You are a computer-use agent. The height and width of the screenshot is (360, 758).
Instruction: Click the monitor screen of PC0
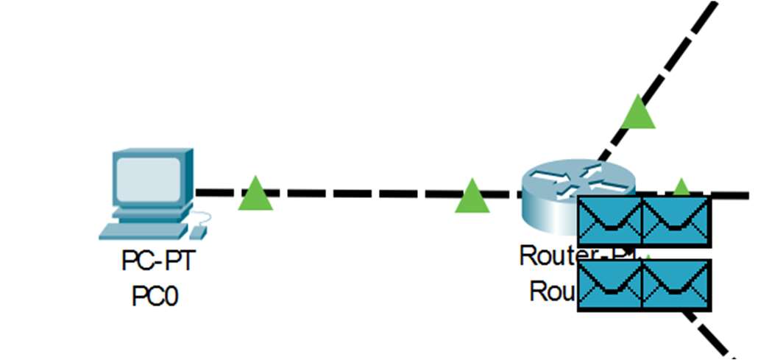pos(148,180)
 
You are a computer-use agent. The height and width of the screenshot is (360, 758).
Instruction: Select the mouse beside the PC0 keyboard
pos(198,232)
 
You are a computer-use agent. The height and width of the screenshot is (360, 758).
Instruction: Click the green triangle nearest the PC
pos(255,194)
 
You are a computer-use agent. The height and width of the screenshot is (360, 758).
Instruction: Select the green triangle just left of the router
pos(472,197)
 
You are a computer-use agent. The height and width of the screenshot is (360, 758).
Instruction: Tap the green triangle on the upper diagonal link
pos(637,113)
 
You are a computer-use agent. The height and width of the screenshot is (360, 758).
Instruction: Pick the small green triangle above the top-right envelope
pos(681,187)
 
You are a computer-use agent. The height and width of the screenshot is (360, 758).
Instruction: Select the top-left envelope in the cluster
pos(610,221)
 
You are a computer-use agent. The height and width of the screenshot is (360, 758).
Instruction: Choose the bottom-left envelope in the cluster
pos(610,285)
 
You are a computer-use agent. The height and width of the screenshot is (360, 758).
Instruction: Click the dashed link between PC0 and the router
pos(361,194)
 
